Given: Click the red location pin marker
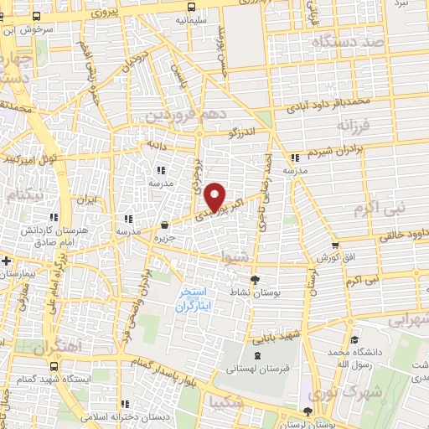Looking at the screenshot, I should (215, 196).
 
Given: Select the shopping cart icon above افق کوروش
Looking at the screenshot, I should (335, 246).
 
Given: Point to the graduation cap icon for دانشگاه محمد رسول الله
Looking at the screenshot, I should (354, 340).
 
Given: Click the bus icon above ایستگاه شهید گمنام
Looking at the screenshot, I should (54, 366).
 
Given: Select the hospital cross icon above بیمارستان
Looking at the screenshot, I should (7, 261).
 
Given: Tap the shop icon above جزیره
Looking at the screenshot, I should (167, 224).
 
